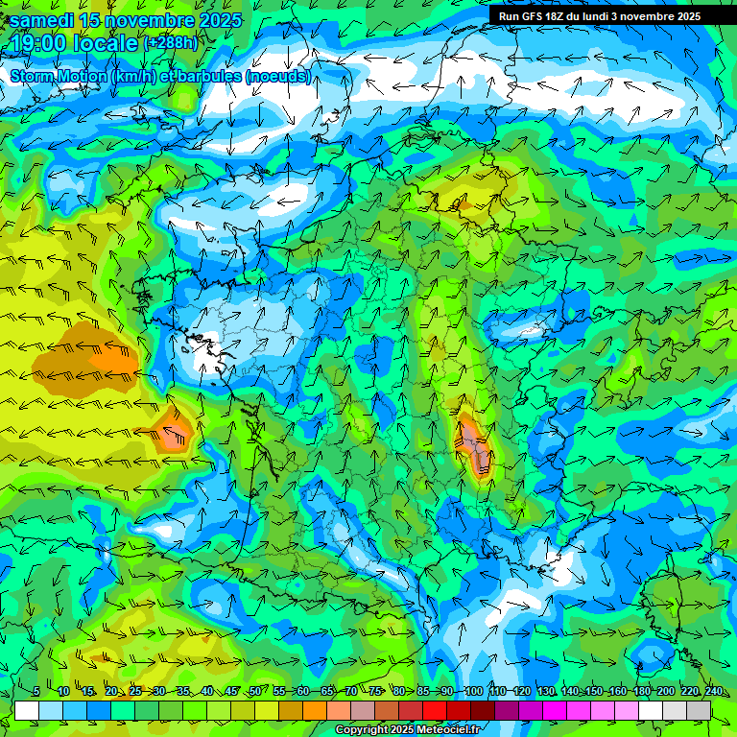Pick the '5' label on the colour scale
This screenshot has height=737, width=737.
(x=36, y=692)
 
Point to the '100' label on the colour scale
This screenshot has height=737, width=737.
(x=473, y=692)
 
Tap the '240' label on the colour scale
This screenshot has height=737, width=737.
(x=713, y=692)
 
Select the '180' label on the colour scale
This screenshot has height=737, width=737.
(x=641, y=692)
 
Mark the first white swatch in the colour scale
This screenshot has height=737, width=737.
(x=27, y=710)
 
